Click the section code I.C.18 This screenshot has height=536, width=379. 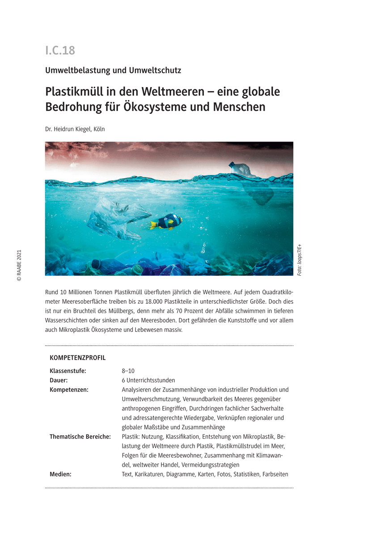coord(60,50)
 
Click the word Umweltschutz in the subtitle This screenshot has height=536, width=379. coord(155,70)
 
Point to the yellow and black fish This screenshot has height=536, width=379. coord(166,222)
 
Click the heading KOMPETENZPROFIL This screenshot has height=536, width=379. coord(78,358)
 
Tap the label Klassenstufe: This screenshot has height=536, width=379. coord(68,371)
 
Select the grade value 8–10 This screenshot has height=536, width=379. coord(128,371)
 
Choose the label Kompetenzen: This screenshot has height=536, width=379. coord(69,390)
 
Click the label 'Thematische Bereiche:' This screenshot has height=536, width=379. coord(80,437)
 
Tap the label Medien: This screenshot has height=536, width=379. coord(60,474)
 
